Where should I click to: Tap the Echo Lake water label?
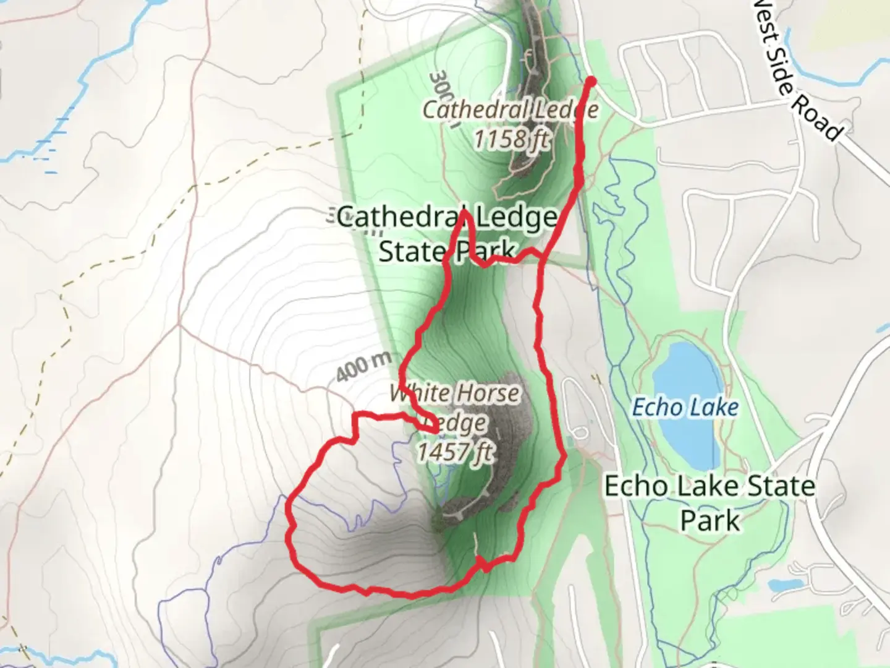[x=685, y=408]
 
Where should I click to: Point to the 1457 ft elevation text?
[x=454, y=452]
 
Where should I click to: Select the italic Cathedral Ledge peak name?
[x=511, y=110]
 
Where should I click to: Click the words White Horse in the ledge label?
[x=455, y=393]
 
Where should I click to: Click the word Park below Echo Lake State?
[x=710, y=521]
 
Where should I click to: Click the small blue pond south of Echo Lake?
[x=779, y=584]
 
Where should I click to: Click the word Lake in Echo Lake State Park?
[x=708, y=486]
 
